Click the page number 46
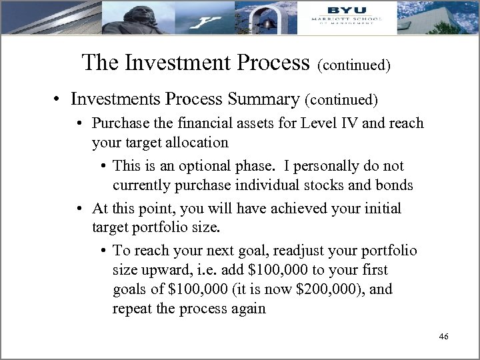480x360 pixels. [444, 337]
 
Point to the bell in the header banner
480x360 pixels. [267, 20]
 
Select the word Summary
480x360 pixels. [265, 99]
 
